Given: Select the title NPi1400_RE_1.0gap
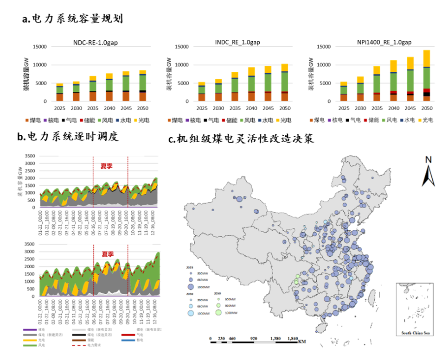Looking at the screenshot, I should (384, 42).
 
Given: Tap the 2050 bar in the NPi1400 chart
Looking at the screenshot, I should (426, 76).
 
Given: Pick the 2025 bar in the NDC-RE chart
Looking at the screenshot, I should (60, 92).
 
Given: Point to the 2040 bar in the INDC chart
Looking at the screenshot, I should (251, 84).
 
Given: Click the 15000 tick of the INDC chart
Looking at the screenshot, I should (180, 46).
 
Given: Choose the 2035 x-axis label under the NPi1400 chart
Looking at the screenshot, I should (377, 108).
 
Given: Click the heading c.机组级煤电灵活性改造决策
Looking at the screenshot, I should (241, 139).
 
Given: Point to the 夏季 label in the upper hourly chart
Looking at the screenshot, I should (107, 165).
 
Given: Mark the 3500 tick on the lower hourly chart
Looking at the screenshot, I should (29, 244).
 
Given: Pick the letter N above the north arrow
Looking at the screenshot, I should (429, 160).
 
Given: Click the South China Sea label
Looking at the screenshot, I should (416, 333).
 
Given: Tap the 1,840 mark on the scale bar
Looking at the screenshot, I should (293, 339).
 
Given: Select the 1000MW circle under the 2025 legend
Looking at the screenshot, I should (190, 287).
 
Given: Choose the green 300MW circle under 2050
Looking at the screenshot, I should (218, 299).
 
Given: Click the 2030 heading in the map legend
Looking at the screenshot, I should (190, 293).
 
